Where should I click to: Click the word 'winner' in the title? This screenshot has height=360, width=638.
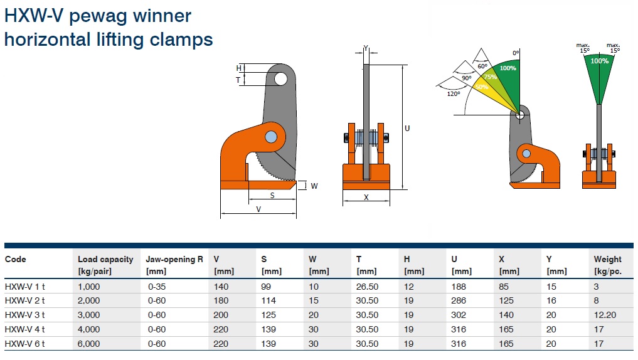[x=162, y=16]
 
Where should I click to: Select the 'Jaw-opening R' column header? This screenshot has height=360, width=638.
[x=174, y=260]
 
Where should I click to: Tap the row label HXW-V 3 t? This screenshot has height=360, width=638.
[x=25, y=315]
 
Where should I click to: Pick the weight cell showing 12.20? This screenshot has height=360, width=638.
[x=605, y=315]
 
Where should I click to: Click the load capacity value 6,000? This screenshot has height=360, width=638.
[x=88, y=344]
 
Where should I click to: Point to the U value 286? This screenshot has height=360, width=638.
[x=459, y=300]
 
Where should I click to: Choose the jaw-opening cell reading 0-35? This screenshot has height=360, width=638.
[x=157, y=287]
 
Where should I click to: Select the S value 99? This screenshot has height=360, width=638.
[x=266, y=287]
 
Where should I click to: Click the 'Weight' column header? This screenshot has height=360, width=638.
[x=607, y=260]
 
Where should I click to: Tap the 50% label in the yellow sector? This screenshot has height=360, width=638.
[x=482, y=87]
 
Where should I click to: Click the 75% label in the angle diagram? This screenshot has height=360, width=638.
[x=491, y=77]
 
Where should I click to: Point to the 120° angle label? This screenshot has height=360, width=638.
[x=454, y=94]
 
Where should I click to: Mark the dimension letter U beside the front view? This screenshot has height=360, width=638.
[x=407, y=128]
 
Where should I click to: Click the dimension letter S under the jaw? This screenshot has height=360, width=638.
[x=272, y=195]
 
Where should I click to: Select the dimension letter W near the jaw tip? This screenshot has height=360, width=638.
[x=314, y=186]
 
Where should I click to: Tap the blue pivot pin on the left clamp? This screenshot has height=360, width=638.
[x=271, y=137]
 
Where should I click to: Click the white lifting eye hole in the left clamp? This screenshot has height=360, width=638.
[x=281, y=79]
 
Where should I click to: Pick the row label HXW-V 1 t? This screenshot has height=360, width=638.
[x=25, y=287]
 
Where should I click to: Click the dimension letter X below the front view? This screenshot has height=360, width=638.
[x=366, y=198]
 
